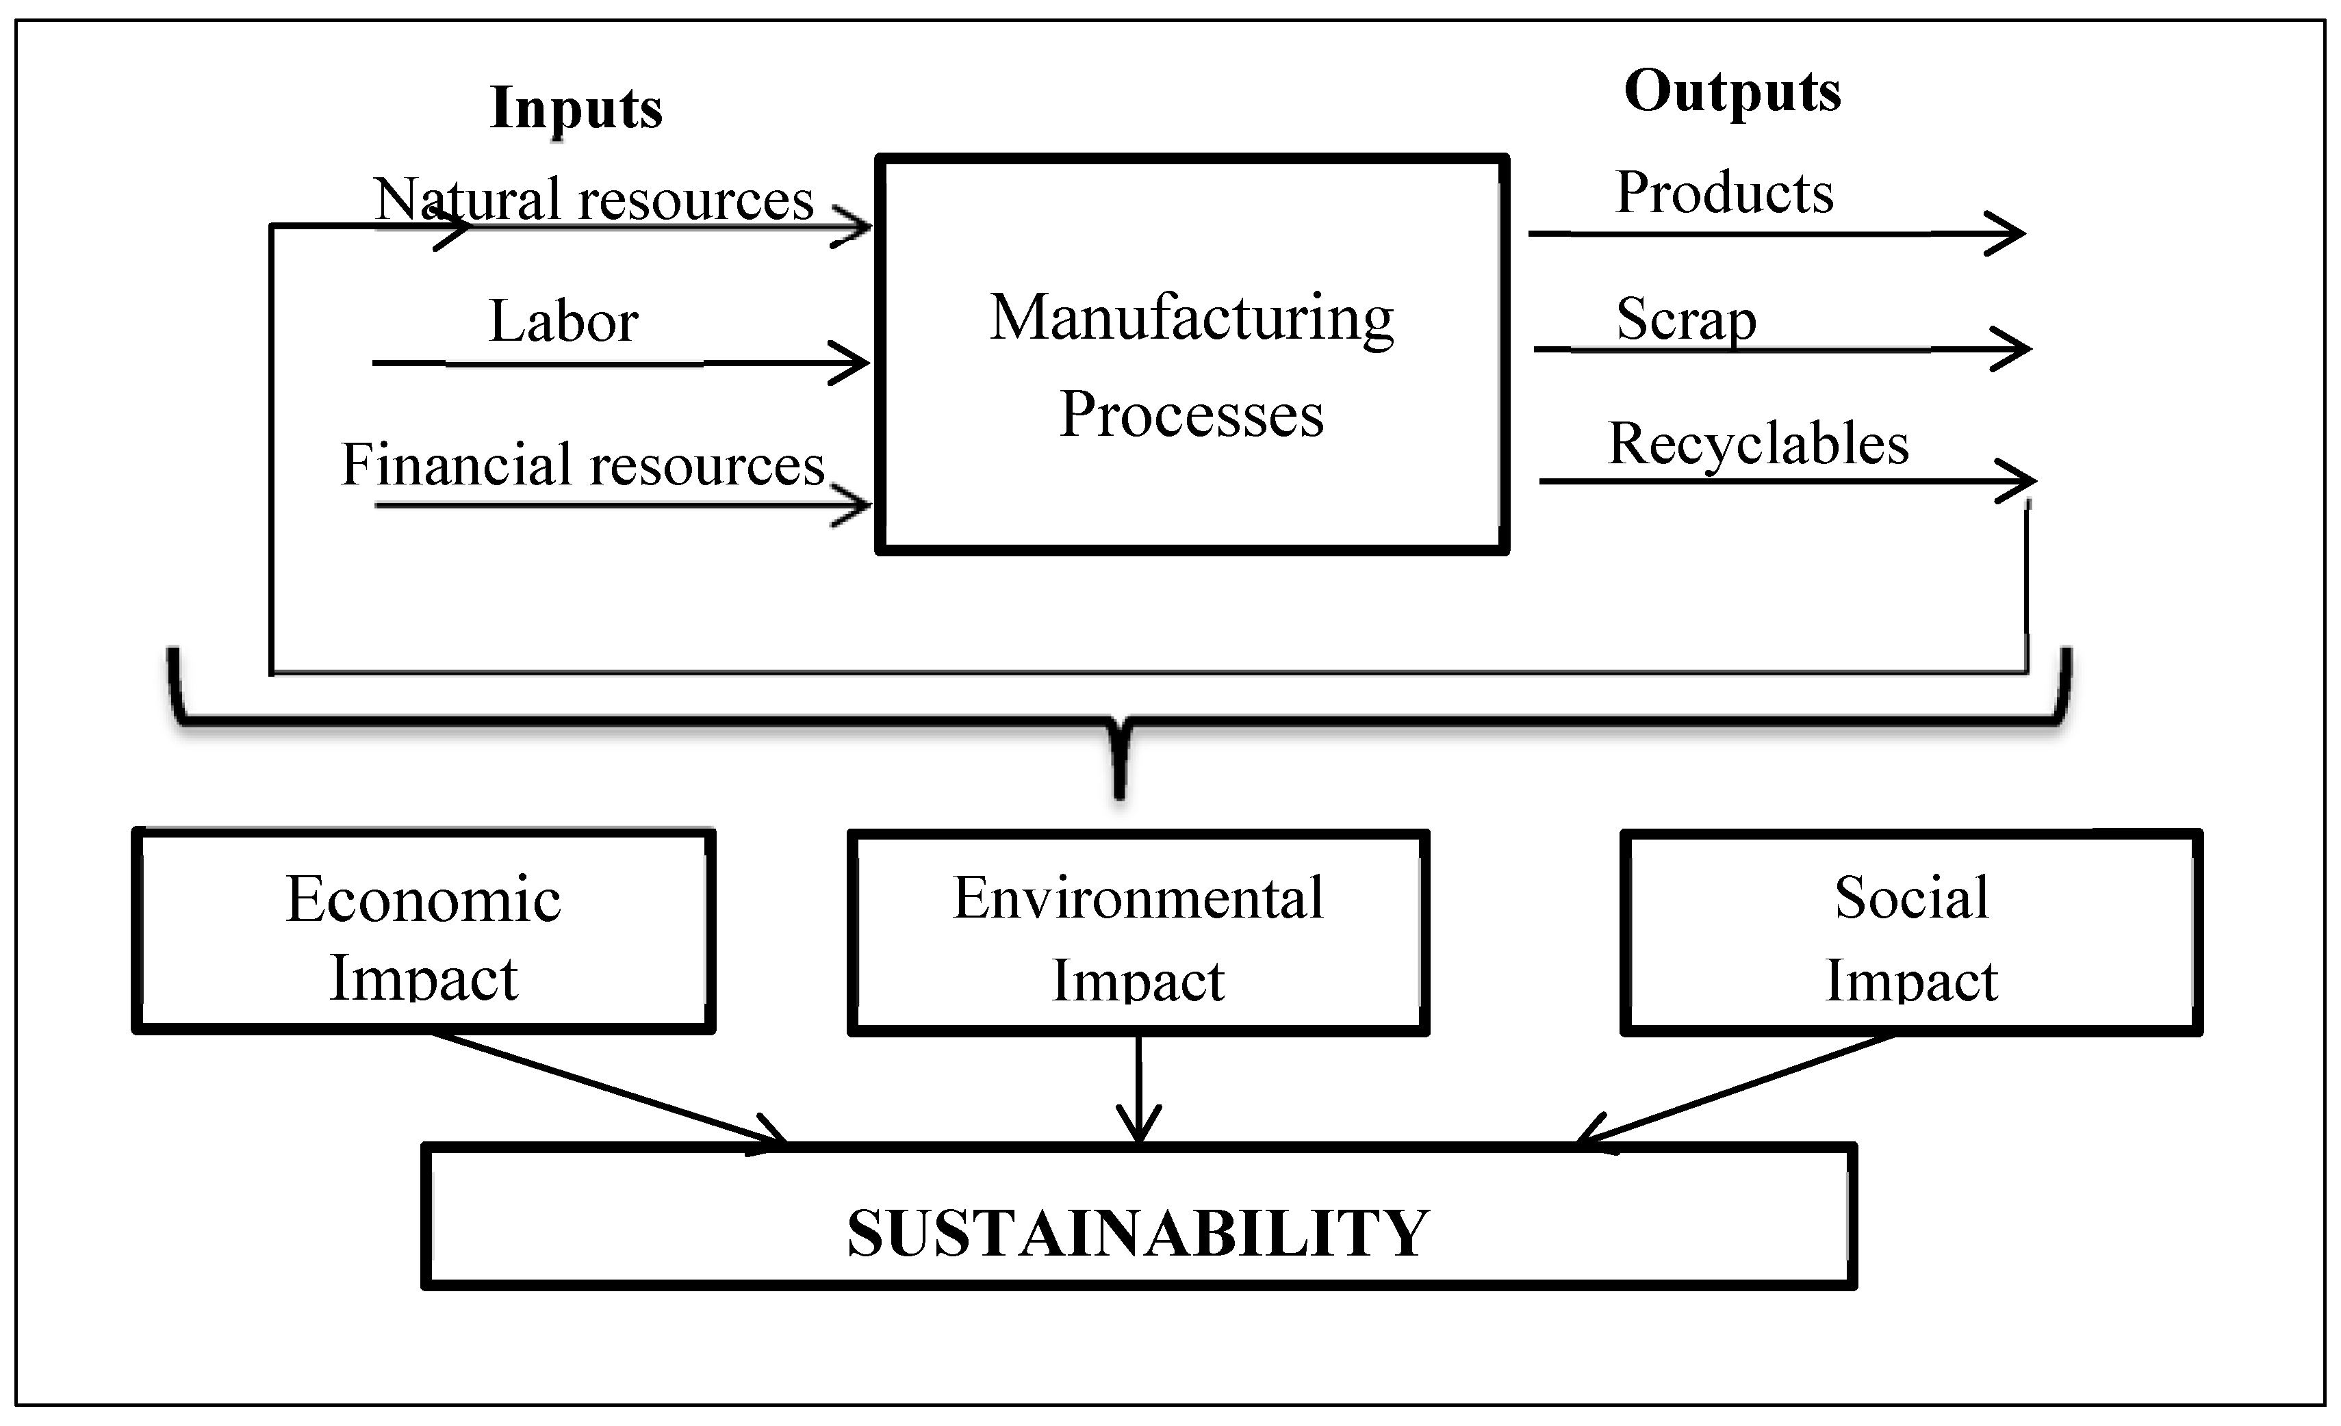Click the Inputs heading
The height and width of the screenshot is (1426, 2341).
click(x=576, y=108)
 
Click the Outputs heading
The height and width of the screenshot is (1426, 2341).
click(x=1732, y=92)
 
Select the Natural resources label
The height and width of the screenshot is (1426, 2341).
click(x=593, y=200)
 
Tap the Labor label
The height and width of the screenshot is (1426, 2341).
click(x=563, y=321)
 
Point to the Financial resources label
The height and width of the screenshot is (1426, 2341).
click(x=583, y=465)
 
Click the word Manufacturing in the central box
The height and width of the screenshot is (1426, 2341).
click(x=1192, y=318)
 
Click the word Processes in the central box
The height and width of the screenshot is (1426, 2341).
click(x=1192, y=415)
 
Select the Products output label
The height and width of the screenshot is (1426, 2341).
click(x=1724, y=193)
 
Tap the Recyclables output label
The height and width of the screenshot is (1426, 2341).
click(x=1758, y=443)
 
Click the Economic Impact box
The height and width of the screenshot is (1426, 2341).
click(x=424, y=932)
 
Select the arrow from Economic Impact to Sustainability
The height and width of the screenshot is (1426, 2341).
click(x=608, y=1088)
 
